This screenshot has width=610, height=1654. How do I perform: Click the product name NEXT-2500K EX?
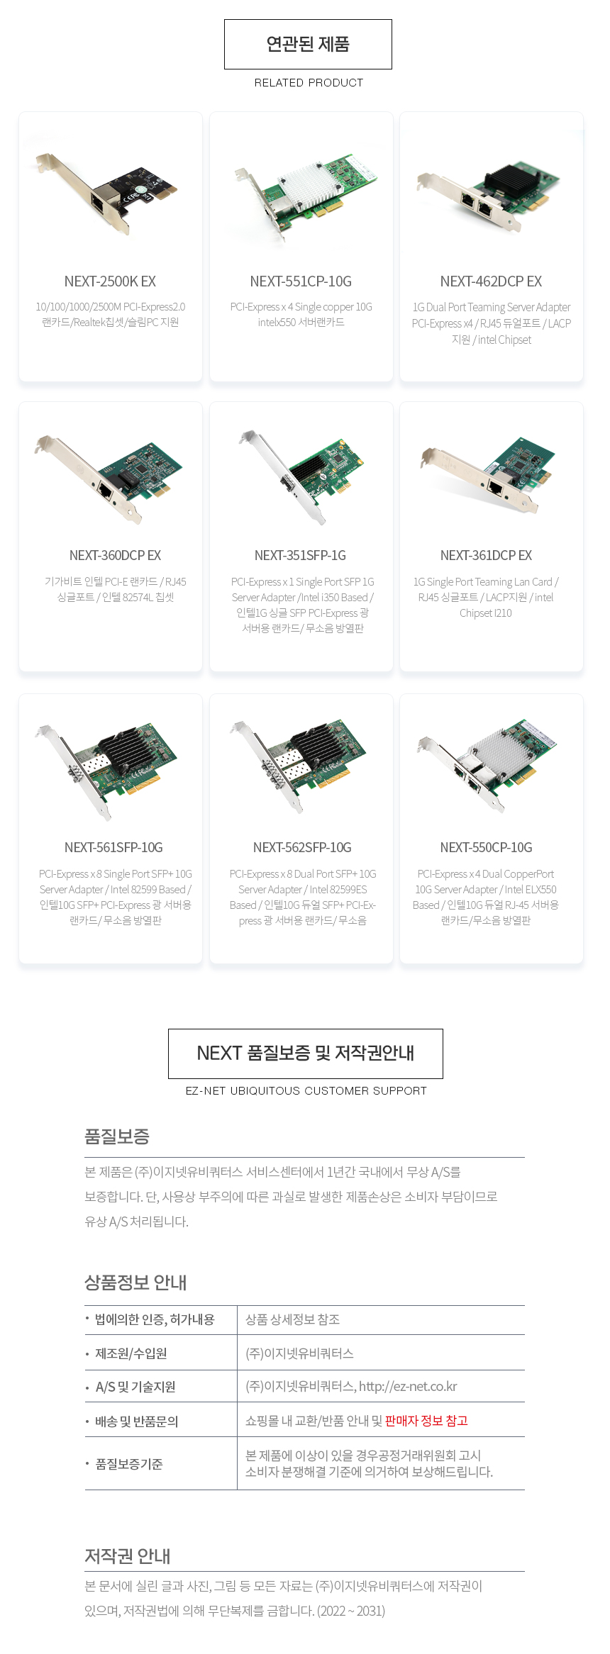[x=110, y=281]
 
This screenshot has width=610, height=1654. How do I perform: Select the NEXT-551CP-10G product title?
[x=301, y=281]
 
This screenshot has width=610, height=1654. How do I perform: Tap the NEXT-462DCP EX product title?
[x=491, y=281]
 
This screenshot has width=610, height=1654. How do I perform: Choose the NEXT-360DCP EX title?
[x=115, y=555]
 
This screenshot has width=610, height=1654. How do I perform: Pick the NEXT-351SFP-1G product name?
[x=301, y=555]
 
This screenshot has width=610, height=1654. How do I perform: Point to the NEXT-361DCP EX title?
[x=486, y=555]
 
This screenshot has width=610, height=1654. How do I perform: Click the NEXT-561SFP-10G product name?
[x=113, y=847]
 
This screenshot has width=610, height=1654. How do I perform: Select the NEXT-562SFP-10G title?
[x=302, y=847]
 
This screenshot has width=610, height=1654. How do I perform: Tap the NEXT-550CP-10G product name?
[x=486, y=847]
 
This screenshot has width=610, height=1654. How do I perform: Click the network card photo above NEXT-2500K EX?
[x=106, y=191]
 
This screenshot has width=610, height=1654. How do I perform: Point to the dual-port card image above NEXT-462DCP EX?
[x=489, y=196]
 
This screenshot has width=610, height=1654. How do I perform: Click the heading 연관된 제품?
[x=308, y=44]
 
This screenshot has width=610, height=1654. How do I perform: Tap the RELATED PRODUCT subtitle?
[x=309, y=83]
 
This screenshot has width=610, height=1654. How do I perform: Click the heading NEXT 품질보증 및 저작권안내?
[x=306, y=1053]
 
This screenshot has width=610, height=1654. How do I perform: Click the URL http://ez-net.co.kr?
[x=408, y=1386]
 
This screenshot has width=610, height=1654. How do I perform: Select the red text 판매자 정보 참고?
[x=426, y=1421]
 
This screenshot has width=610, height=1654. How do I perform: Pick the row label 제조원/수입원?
[x=131, y=1353]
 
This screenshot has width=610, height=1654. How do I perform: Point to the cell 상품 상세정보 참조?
[x=292, y=1319]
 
